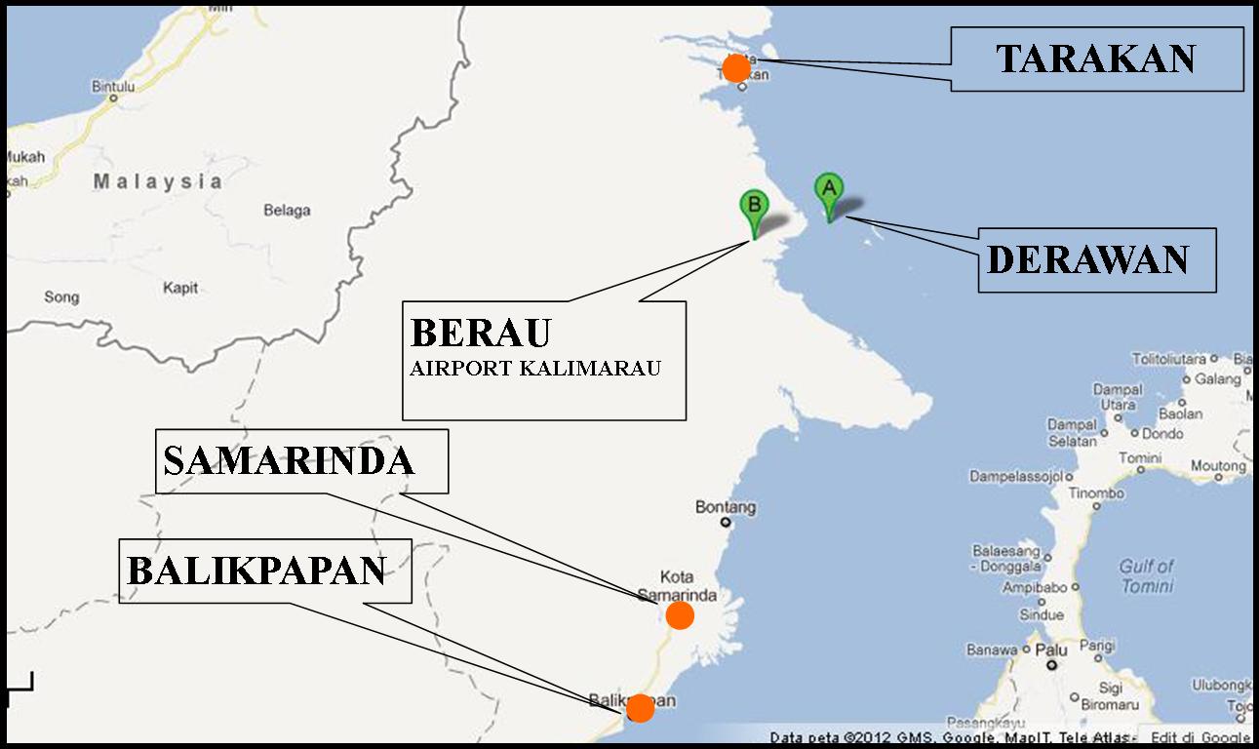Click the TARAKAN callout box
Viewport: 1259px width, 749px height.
click(1096, 59)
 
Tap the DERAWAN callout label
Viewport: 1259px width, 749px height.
click(1096, 259)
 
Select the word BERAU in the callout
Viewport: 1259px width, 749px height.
click(481, 333)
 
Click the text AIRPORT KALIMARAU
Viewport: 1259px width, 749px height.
click(535, 369)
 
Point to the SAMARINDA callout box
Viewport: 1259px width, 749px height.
click(301, 460)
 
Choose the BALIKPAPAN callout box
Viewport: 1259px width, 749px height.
click(264, 571)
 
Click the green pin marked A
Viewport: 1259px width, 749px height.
click(829, 188)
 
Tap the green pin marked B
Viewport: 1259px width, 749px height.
click(754, 206)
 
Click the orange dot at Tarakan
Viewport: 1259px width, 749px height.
click(736, 68)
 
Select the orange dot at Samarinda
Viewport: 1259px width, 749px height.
click(680, 614)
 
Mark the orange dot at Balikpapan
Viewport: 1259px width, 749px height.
click(640, 708)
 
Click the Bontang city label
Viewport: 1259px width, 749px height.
click(726, 507)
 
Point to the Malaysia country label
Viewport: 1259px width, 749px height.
click(158, 181)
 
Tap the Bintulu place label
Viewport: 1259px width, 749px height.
click(112, 86)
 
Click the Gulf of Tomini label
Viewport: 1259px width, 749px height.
click(1147, 575)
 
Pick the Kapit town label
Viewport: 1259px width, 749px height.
click(180, 288)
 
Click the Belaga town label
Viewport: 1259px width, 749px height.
click(287, 210)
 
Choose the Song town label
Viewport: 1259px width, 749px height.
click(61, 296)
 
